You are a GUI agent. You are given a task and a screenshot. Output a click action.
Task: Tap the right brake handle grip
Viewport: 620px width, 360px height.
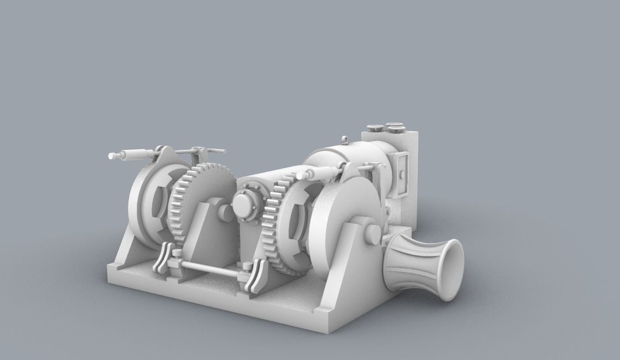(320, 173)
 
